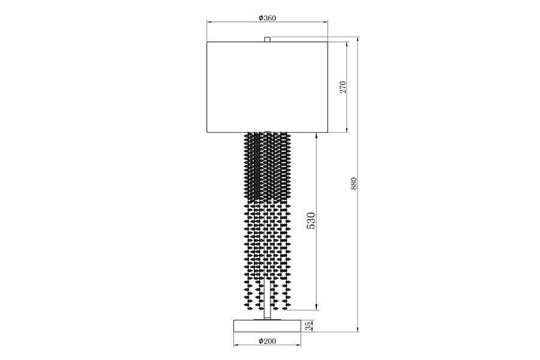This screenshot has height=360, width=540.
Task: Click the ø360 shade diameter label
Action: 267,17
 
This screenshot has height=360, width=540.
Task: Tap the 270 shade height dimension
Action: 343,88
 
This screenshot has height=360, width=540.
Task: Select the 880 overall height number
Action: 353,184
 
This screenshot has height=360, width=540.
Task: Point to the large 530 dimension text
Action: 311,221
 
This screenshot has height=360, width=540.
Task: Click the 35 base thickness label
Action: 309,326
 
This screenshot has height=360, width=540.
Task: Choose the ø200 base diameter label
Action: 267,341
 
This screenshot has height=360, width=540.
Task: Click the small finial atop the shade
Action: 267,39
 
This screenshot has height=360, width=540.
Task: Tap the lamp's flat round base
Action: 267,326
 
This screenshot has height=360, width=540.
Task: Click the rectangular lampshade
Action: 267,87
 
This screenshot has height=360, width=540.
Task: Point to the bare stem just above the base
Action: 267,313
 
